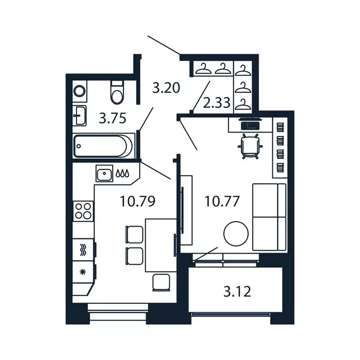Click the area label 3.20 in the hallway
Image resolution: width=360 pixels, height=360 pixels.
click(166, 87)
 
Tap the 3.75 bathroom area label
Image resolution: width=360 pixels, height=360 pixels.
click(112, 118)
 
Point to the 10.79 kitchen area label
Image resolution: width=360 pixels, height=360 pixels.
click(137, 202)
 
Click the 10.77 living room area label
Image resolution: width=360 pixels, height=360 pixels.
click(222, 202)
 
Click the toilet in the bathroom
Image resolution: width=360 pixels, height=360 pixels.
click(116, 92)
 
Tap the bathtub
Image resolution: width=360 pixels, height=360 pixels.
click(104, 146)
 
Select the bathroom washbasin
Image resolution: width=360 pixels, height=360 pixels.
click(80, 115)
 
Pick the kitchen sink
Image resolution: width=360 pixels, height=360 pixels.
click(104, 174)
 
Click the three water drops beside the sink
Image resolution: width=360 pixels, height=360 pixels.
click(123, 174)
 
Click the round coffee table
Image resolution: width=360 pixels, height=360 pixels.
click(235, 233)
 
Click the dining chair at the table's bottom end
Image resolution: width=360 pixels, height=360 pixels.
click(162, 282)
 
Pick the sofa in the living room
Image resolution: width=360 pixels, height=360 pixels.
click(269, 217)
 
